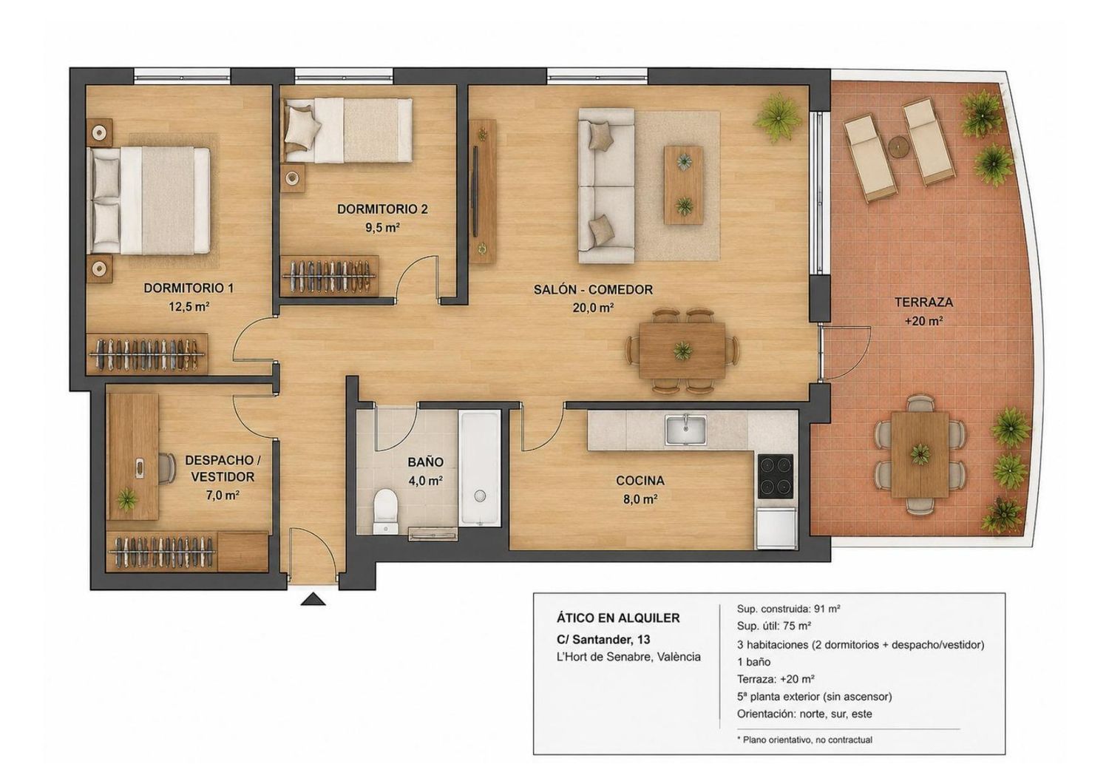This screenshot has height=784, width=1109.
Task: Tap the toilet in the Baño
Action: (x=385, y=510)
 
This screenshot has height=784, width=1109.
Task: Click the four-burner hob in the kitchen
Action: (x=776, y=476)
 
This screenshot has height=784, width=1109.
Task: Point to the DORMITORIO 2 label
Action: (x=382, y=209)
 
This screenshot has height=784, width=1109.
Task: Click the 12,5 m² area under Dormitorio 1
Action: (x=189, y=306)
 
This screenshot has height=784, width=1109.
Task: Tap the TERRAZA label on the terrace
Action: (x=923, y=302)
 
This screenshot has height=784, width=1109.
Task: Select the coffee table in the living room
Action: (x=684, y=185)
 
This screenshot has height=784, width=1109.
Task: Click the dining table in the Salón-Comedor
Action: (x=682, y=350)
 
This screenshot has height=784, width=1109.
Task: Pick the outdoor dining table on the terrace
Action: (x=920, y=454)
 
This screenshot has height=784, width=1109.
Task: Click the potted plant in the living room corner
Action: (x=779, y=118)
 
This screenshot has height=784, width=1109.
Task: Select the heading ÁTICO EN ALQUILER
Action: (x=618, y=618)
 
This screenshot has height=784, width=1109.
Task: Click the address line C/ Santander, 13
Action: (x=603, y=639)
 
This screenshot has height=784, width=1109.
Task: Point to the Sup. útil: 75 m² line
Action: (x=774, y=626)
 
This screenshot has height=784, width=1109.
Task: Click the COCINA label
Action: (x=640, y=481)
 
